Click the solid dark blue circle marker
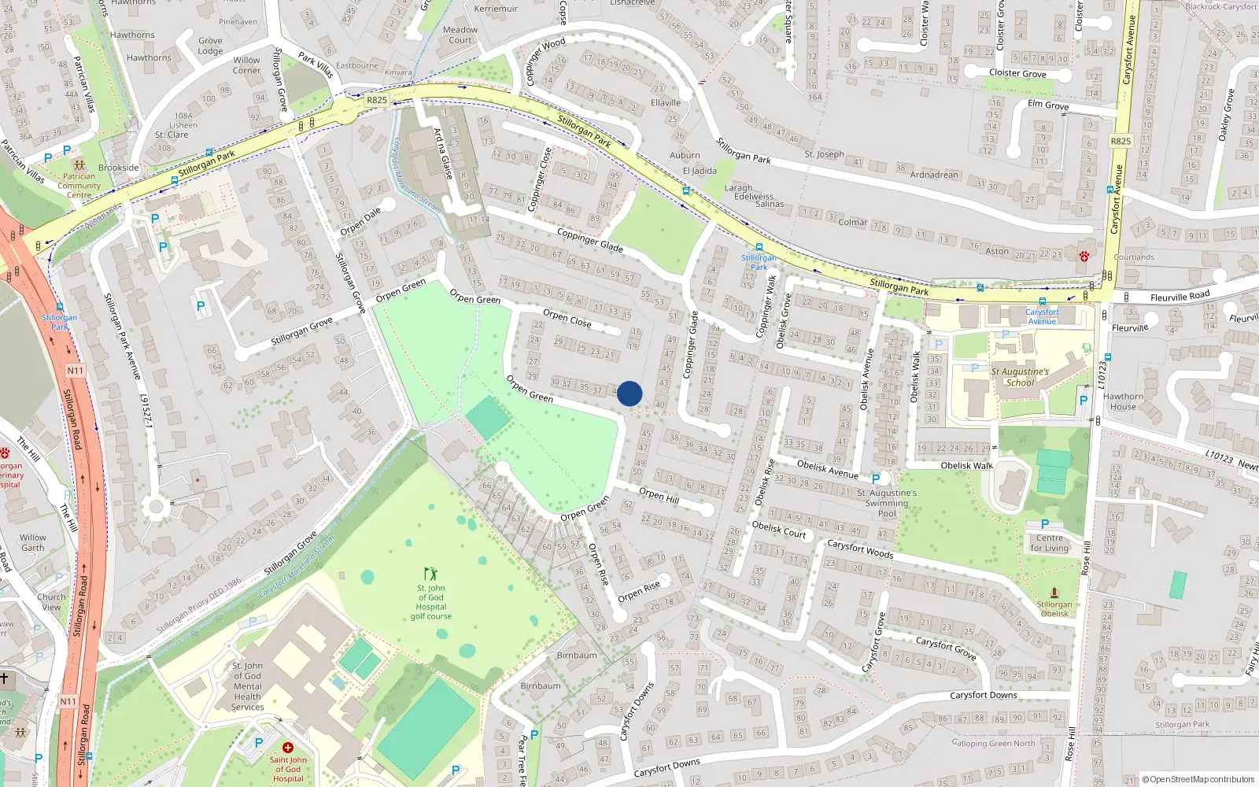click(x=629, y=393)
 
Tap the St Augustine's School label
click(x=1020, y=377)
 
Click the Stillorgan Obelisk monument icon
click(x=1054, y=592)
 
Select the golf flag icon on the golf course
click(x=430, y=574)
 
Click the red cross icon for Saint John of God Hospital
click(x=288, y=748)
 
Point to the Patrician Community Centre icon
click(x=79, y=165)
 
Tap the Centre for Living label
click(x=1050, y=543)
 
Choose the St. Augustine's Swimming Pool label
click(x=887, y=503)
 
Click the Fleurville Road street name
click(x=1180, y=296)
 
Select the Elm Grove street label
click(x=1048, y=105)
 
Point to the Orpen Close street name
click(x=567, y=318)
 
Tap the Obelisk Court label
click(x=778, y=530)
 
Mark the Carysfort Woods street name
click(x=860, y=549)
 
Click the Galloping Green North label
click(x=993, y=743)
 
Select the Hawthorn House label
click(x=1123, y=401)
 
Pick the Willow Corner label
click(x=246, y=65)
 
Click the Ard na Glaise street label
click(x=443, y=154)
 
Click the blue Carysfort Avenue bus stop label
click(x=1042, y=316)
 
